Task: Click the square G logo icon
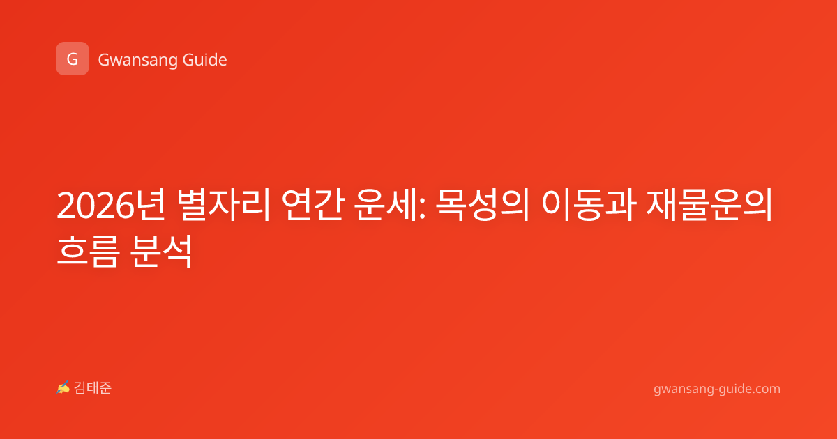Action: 73,59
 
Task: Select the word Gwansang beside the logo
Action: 137,60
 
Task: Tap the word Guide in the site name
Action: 205,60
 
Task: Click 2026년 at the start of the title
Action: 112,205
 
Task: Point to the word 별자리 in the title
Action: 223,205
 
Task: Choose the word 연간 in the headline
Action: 312,205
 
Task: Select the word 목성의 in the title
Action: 483,205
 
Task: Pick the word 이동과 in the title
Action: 588,205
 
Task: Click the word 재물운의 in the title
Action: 709,205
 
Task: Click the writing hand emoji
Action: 63,387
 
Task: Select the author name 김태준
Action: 93,388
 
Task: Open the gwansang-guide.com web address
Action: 717,390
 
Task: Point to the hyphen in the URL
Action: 716,390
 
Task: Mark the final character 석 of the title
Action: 177,251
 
